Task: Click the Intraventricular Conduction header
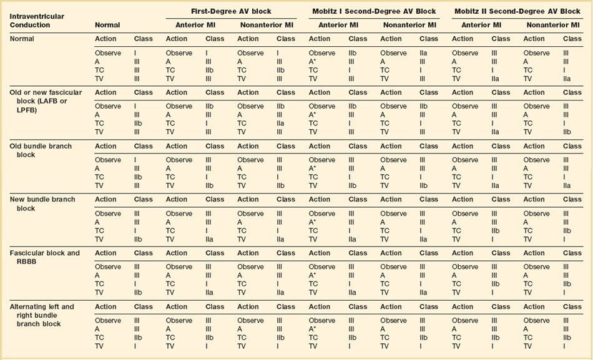tap(37, 20)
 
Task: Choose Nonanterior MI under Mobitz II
tap(552, 25)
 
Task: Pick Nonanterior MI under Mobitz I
tap(409, 25)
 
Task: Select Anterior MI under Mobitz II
tap(481, 25)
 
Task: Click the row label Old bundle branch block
tap(41, 150)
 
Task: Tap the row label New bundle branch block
tap(42, 203)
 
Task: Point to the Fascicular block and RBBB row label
tap(44, 257)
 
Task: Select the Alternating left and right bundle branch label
tap(41, 315)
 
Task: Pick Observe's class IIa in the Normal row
tap(424, 53)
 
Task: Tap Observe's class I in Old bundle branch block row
tap(136, 160)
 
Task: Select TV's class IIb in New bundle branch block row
tap(138, 239)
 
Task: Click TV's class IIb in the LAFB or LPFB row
tap(567, 132)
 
